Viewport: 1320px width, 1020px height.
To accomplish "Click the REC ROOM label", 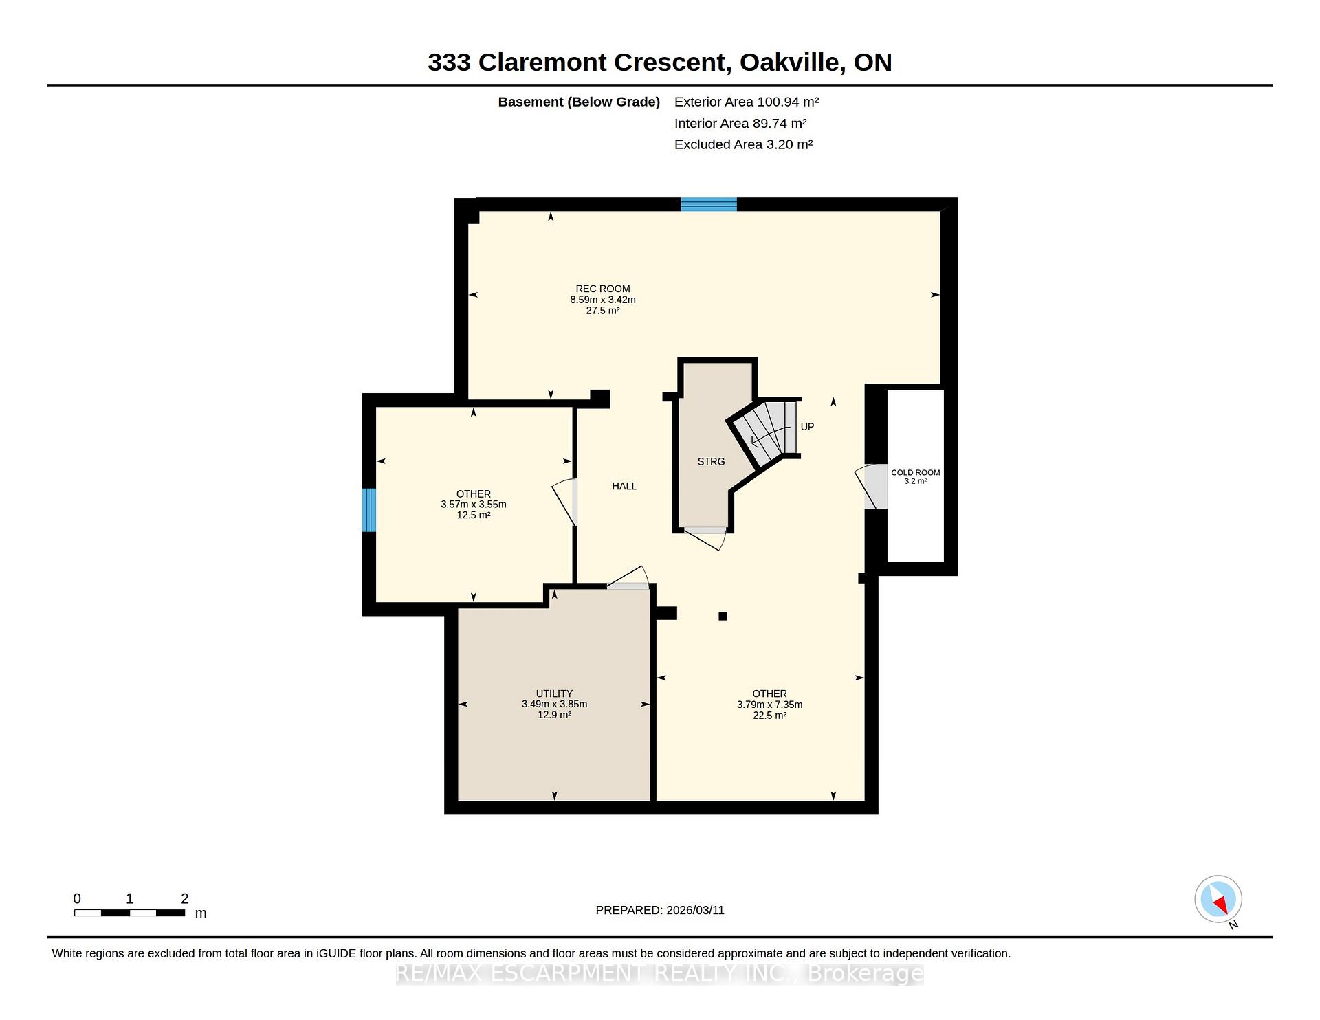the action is point(603,289).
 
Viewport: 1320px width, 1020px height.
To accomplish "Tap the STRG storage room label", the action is point(711,462).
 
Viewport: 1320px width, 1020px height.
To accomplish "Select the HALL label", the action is point(624,486).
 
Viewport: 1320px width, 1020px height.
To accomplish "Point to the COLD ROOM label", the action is point(915,472).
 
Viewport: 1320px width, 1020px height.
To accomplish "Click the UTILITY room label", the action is point(554,694).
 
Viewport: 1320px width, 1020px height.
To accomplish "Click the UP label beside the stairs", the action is point(807,427).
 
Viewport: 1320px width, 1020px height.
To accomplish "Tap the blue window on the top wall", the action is point(709,204).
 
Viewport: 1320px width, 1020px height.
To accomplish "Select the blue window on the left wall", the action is point(369,510).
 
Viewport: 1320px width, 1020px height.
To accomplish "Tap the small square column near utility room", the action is point(723,617).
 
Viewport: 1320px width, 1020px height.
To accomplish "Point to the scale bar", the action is point(130,913).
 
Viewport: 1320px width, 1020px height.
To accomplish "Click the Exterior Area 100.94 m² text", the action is point(747,102).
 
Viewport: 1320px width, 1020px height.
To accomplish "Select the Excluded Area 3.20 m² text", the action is point(743,144).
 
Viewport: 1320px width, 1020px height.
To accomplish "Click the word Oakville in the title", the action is point(792,63).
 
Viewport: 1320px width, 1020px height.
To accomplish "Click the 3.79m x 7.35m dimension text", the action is point(769,705).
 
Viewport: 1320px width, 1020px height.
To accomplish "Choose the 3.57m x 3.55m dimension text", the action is point(474,505).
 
